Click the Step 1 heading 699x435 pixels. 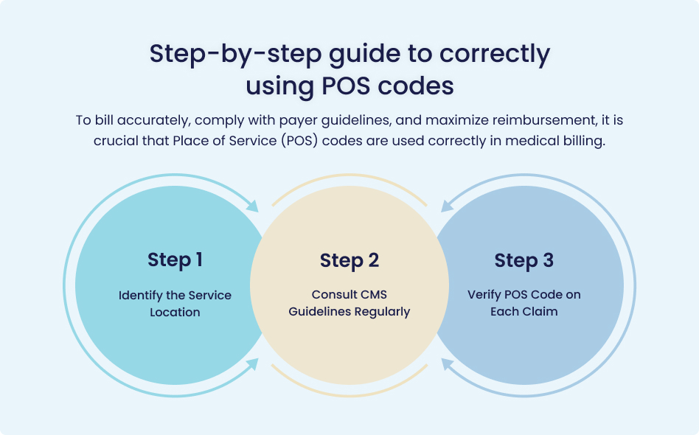click(175, 260)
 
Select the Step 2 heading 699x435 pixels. click(349, 261)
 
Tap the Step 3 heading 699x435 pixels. click(524, 261)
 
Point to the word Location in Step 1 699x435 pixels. click(175, 312)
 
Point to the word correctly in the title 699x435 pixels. click(495, 55)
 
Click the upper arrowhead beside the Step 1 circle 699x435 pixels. click(252, 206)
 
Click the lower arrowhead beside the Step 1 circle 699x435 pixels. click(252, 364)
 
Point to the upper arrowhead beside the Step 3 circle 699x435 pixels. click(447, 206)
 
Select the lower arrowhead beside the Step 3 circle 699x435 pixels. click(447, 364)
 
